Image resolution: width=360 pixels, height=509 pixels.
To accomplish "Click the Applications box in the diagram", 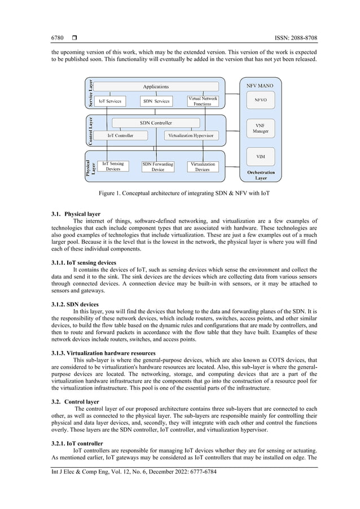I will [x=155, y=86].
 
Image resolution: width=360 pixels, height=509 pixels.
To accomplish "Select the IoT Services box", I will [x=110, y=101].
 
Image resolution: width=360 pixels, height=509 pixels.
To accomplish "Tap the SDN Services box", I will [x=156, y=101].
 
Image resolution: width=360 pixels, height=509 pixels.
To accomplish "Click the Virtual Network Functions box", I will [x=203, y=101].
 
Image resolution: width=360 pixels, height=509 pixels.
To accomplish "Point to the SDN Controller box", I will [x=156, y=122].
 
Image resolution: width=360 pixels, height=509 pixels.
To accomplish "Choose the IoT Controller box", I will [x=120, y=135].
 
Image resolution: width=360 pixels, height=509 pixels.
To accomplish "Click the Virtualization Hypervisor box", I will [x=191, y=135].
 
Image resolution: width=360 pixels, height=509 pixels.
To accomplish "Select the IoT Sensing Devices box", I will [x=113, y=166].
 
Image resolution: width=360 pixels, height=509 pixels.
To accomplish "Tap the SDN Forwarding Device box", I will [x=158, y=166].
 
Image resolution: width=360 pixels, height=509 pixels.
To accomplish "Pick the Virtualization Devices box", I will [x=203, y=166].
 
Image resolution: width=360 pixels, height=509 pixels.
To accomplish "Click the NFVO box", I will [x=261, y=100].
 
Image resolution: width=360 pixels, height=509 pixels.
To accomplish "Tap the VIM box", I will [x=261, y=156].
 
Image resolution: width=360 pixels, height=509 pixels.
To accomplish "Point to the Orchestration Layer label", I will [x=261, y=175].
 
